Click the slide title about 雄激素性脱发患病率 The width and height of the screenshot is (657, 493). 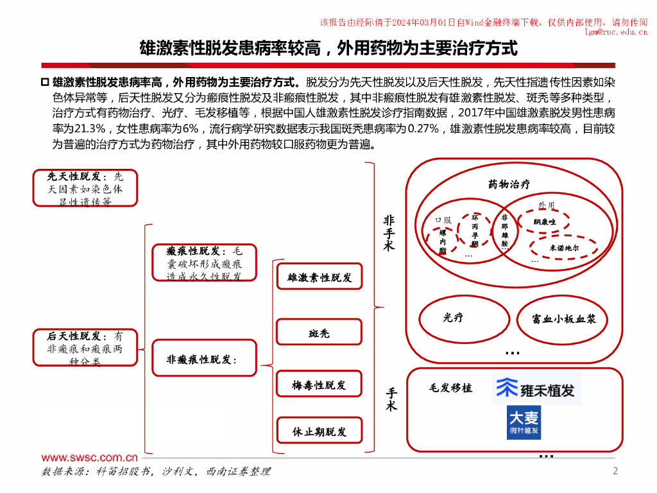tap(328, 48)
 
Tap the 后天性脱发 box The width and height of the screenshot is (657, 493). tap(85, 348)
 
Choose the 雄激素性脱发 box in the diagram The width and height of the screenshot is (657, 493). tap(320, 278)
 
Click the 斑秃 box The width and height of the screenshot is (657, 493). tap(320, 334)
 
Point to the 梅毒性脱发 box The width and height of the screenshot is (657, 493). tap(320, 385)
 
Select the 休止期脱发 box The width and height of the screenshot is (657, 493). tap(320, 431)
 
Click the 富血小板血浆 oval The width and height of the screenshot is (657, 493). tap(560, 318)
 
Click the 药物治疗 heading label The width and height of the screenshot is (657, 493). tap(509, 185)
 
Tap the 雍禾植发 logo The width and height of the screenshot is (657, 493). tap(537, 388)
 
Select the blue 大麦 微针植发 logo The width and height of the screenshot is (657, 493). tap(524, 422)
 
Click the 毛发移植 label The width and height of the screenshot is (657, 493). tap(450, 388)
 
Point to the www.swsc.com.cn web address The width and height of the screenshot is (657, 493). tap(90, 458)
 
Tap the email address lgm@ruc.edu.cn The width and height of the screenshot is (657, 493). tap(616, 31)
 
